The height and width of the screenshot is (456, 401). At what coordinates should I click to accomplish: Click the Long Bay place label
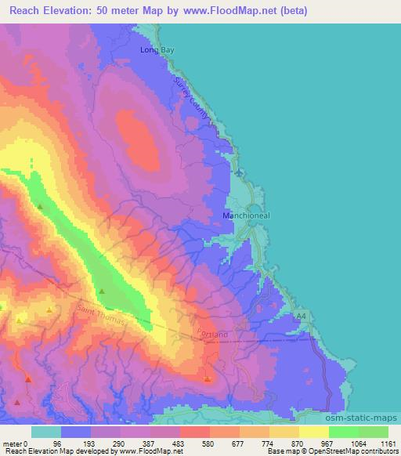(156, 50)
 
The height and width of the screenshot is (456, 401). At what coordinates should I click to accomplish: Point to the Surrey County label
(193, 99)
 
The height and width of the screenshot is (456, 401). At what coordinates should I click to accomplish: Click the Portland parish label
(213, 334)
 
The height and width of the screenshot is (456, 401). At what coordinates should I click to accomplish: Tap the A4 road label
(301, 315)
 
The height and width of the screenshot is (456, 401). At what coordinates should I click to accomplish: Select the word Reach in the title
(28, 11)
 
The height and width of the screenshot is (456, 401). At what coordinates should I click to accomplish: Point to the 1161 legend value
(388, 443)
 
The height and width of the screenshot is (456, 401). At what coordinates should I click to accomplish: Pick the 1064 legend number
(358, 443)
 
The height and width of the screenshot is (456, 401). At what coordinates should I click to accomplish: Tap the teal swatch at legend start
(46, 432)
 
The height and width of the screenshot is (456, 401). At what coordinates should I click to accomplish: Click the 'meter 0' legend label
(16, 443)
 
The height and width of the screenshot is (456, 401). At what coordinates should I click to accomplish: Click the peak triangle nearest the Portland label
(207, 379)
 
